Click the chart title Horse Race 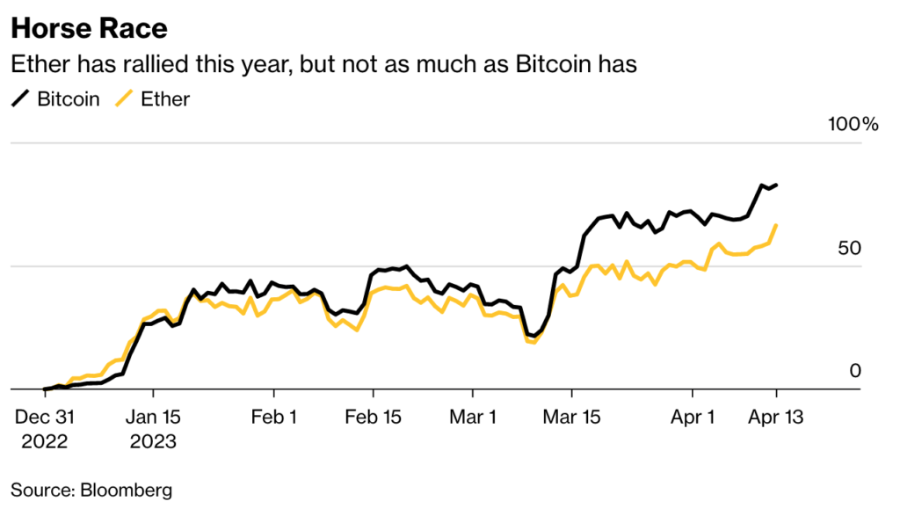coord(89,29)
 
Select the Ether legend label coord(165,98)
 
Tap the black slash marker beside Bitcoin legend coord(20,98)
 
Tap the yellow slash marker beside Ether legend coord(124,98)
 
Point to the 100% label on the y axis coord(853,124)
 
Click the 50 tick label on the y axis coord(848,249)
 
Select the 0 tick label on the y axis coord(854,372)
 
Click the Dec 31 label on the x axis coord(45,416)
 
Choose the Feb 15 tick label coord(373,416)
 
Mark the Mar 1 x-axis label coord(472,416)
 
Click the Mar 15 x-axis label coord(571,416)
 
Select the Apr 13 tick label coord(775,416)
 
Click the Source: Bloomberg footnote coord(91,489)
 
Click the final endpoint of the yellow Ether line coord(776,225)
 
